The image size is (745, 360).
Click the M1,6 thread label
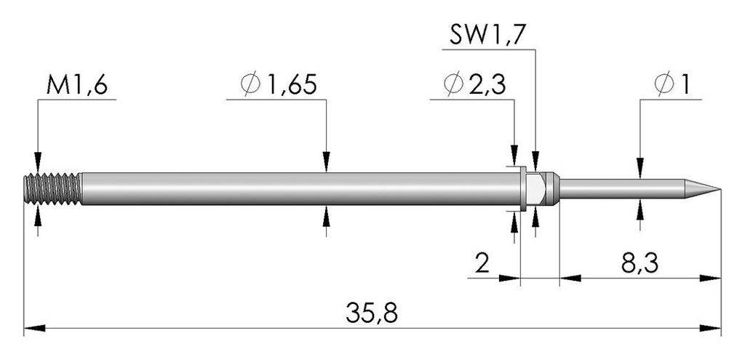pyautogui.click(x=77, y=86)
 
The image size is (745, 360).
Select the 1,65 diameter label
pyautogui.click(x=292, y=86)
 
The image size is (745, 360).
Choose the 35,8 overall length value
pyautogui.click(x=372, y=313)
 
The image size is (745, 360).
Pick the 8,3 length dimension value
pyautogui.click(x=640, y=263)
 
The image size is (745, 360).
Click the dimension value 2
pyautogui.click(x=482, y=263)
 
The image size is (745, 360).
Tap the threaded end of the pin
pyautogui.click(x=52, y=189)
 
